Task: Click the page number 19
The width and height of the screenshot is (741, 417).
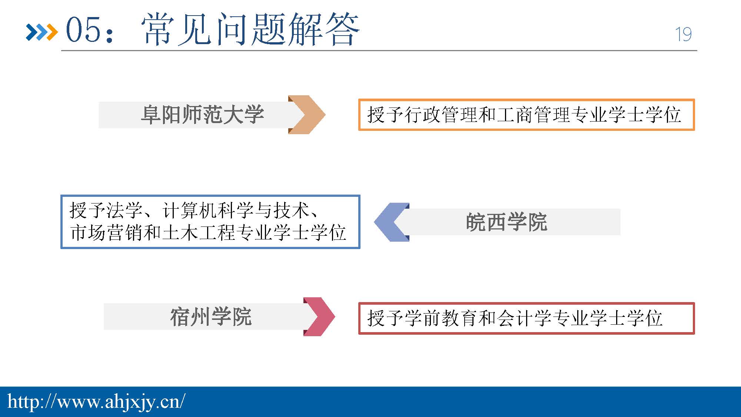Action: (683, 34)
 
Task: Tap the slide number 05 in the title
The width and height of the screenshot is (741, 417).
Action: (83, 29)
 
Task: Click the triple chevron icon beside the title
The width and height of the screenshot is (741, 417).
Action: (42, 32)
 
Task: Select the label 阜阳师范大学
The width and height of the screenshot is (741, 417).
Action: (202, 115)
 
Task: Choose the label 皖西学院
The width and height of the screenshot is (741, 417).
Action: (506, 222)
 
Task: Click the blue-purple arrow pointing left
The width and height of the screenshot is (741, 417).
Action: (392, 222)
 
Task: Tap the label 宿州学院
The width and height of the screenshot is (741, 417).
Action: (211, 317)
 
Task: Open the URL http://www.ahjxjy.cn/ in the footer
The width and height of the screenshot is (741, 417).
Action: (96, 402)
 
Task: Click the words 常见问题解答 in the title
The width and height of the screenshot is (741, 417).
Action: (250, 29)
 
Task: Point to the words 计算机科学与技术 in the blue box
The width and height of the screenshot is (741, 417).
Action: (236, 211)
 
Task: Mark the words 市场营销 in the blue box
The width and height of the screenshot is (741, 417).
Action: (107, 233)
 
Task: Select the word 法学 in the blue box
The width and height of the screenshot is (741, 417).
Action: (125, 211)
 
